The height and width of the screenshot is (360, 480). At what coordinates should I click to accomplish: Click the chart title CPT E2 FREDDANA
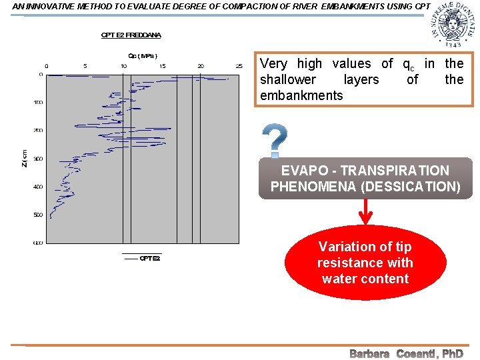[x=131, y=35]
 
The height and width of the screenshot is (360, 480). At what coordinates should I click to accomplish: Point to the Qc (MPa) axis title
[x=143, y=56]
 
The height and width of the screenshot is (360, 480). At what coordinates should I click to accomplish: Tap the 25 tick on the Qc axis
[x=239, y=66]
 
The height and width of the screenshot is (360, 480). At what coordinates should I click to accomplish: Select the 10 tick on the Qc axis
[x=124, y=66]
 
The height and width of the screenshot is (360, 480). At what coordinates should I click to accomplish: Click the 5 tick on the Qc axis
[x=85, y=66]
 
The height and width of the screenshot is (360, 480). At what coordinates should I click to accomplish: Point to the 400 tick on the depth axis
[x=38, y=187]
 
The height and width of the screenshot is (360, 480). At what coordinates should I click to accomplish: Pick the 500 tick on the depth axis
[x=38, y=215]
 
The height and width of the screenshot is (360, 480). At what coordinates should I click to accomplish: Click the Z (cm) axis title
[x=25, y=158]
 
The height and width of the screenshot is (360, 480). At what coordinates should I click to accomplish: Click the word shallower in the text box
[x=288, y=79]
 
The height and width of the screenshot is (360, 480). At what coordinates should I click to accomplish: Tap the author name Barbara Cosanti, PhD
[x=406, y=353]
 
